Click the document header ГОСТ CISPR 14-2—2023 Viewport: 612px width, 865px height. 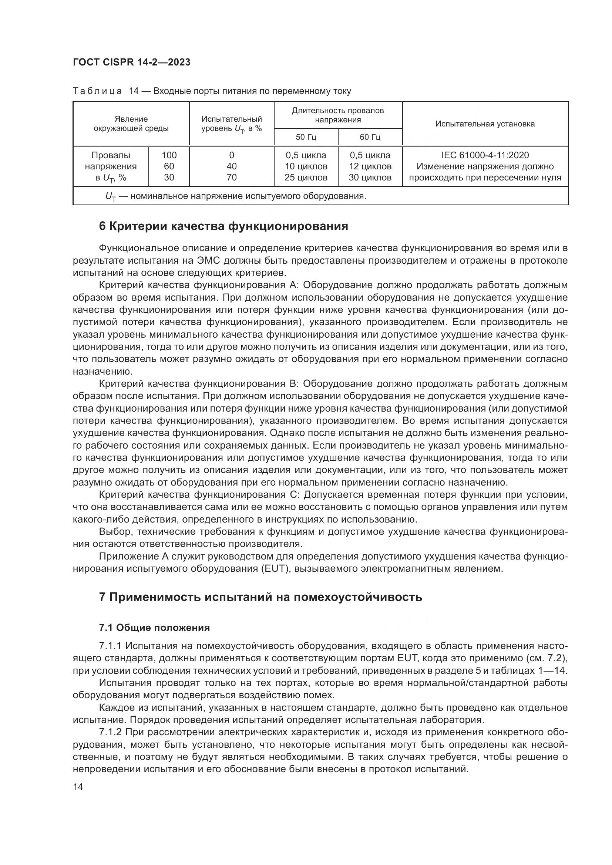pyautogui.click(x=131, y=62)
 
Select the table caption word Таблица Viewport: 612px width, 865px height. pyautogui.click(x=97, y=91)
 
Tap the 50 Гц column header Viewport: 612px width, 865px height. pyautogui.click(x=306, y=137)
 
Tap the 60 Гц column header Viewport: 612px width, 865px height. pyautogui.click(x=370, y=137)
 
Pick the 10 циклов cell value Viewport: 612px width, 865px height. pyautogui.click(x=306, y=166)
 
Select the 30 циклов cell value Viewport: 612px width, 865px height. pyautogui.click(x=370, y=178)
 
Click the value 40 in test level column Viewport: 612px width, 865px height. pyautogui.click(x=231, y=166)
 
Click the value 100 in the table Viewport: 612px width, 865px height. pyautogui.click(x=169, y=155)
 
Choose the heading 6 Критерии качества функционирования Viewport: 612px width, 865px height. pyautogui.click(x=223, y=226)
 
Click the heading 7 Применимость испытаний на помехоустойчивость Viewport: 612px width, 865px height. pyautogui.click(x=260, y=597)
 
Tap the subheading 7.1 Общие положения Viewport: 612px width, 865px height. pyautogui.click(x=154, y=628)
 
